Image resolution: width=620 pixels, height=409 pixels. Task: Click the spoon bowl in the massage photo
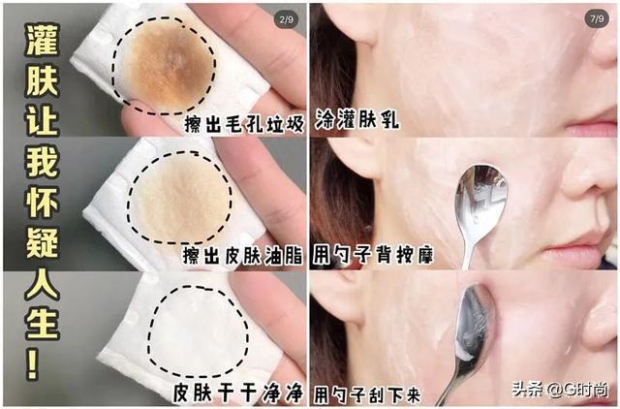click(x=480, y=198)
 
